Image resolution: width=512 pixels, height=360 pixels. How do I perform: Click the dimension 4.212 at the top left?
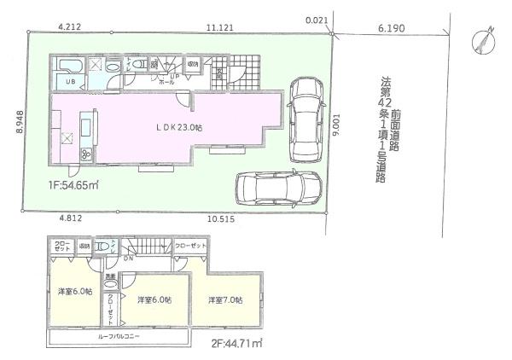click(70, 27)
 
